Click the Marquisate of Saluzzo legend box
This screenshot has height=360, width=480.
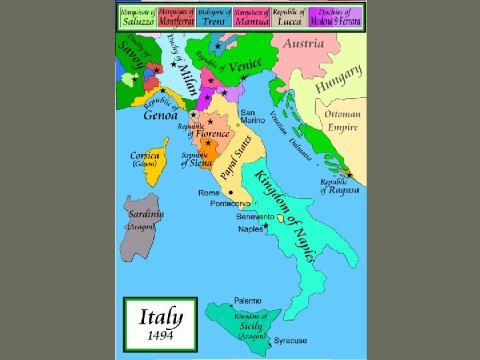tap(138, 17)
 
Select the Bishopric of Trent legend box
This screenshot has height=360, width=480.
tap(214, 17)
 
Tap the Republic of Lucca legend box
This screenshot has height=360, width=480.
tap(290, 17)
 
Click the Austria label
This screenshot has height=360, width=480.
tap(303, 44)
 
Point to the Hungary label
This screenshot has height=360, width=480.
tap(339, 79)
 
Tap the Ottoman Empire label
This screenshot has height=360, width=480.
tap(343, 121)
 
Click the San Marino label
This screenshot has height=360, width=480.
tap(253, 116)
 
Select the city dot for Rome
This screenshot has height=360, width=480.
tap(231, 192)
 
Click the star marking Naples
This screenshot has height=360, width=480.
tap(266, 226)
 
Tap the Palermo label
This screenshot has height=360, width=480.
tap(247, 301)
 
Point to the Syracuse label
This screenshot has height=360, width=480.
tap(291, 341)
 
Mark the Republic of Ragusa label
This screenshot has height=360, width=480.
tap(339, 186)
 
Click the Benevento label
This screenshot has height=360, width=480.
tap(255, 217)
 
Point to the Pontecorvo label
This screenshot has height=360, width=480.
tap(231, 203)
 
